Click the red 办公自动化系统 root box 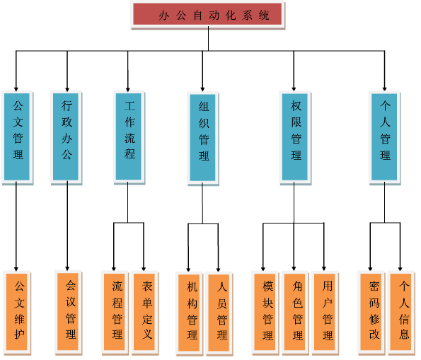click(207, 15)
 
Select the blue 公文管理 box click(17, 137)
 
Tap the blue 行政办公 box click(66, 137)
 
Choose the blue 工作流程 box click(129, 137)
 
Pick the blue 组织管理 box click(203, 138)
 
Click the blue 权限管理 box click(295, 138)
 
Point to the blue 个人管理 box click(384, 138)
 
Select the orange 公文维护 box click(17, 313)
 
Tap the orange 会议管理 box click(68, 312)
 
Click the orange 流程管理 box click(115, 313)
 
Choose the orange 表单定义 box click(144, 313)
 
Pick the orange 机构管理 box click(190, 313)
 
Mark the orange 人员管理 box click(219, 313)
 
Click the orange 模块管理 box click(265, 313)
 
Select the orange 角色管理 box click(295, 313)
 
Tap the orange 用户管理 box click(325, 313)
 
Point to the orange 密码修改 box click(371, 313)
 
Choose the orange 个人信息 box click(401, 313)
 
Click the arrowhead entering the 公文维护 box click(16, 269)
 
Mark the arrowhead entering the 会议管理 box click(67, 269)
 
